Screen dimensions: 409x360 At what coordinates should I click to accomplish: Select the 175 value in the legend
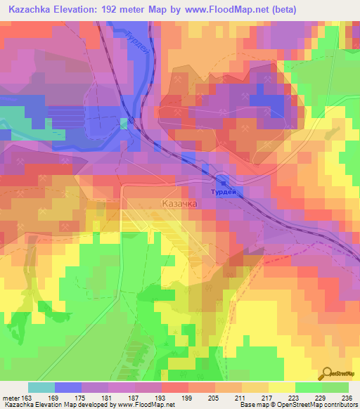[82, 398]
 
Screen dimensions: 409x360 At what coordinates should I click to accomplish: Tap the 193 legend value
[161, 398]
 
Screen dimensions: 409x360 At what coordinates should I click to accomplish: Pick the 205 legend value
[214, 398]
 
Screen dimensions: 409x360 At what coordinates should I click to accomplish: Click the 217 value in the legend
[268, 398]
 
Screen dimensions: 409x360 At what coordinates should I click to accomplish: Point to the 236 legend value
[347, 398]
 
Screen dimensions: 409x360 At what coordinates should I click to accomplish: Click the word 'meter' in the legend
[11, 398]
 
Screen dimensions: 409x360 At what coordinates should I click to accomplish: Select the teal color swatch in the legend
[41, 387]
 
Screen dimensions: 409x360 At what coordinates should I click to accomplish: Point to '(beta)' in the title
[279, 10]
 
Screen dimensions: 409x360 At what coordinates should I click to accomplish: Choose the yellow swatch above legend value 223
[281, 387]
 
